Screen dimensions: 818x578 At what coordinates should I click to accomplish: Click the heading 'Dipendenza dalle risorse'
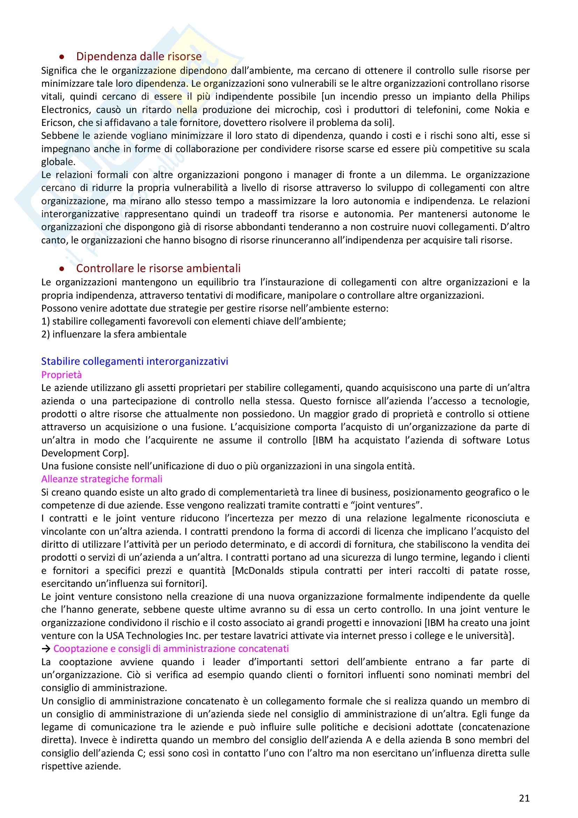(139, 56)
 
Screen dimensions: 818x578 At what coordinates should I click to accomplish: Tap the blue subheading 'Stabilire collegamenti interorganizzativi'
(135, 361)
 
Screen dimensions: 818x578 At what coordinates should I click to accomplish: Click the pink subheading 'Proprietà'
(62, 375)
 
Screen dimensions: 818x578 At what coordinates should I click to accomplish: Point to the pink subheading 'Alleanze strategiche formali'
(102, 479)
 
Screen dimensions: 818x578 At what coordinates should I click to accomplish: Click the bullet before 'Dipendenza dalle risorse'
(62, 57)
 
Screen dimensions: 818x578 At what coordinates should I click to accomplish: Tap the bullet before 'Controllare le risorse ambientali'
(62, 269)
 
